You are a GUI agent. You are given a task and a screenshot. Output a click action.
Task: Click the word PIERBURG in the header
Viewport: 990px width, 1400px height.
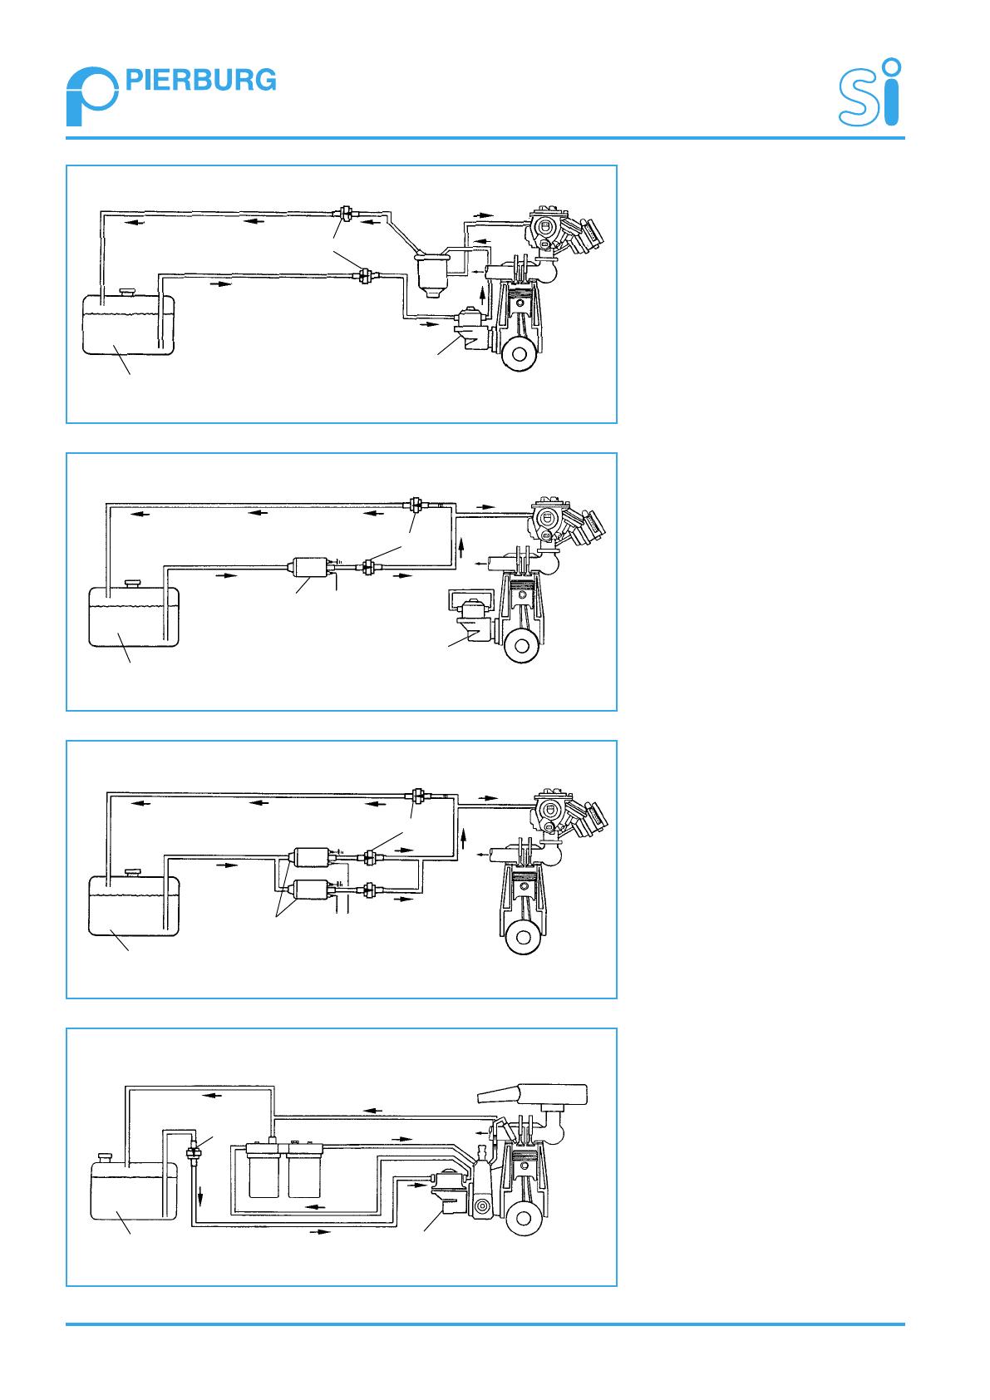point(200,81)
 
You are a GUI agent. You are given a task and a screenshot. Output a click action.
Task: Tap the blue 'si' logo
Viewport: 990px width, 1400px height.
point(869,92)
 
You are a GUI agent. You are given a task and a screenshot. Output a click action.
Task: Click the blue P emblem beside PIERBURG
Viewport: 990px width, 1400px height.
point(92,97)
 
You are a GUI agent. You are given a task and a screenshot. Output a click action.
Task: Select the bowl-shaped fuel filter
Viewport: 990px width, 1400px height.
point(431,273)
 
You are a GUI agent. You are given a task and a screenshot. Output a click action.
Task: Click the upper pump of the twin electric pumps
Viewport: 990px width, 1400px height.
point(312,857)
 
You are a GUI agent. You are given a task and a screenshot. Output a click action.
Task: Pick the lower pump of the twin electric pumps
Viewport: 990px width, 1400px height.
point(312,890)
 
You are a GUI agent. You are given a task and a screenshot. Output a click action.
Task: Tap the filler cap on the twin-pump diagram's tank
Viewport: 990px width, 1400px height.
point(132,871)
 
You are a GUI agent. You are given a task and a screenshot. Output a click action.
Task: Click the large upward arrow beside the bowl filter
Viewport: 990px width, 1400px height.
point(482,294)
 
